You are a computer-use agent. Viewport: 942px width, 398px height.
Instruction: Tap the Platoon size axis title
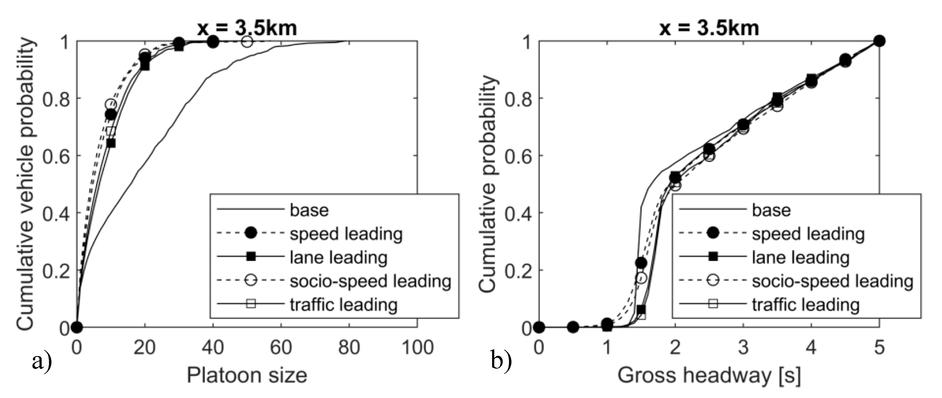(247, 376)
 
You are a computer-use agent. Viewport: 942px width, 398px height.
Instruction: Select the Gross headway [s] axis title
(709, 376)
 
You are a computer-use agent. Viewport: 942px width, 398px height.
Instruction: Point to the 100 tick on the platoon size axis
(417, 347)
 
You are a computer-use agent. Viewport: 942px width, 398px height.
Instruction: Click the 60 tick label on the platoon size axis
(281, 347)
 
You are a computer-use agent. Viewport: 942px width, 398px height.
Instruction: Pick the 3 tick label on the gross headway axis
(743, 347)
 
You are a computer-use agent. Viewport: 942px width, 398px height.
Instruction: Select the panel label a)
(42, 362)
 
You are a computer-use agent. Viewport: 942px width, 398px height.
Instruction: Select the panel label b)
(501, 362)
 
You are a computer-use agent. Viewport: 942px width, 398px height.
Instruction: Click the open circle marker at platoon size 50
(247, 42)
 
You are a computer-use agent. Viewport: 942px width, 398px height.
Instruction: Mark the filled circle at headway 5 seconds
(879, 41)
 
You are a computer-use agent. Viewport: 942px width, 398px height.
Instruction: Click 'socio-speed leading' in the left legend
(370, 281)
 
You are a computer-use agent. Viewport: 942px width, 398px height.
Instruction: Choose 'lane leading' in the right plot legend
(800, 258)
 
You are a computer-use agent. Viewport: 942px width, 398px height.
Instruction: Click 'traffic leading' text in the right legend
(805, 305)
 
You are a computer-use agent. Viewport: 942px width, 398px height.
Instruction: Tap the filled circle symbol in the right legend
(713, 233)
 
